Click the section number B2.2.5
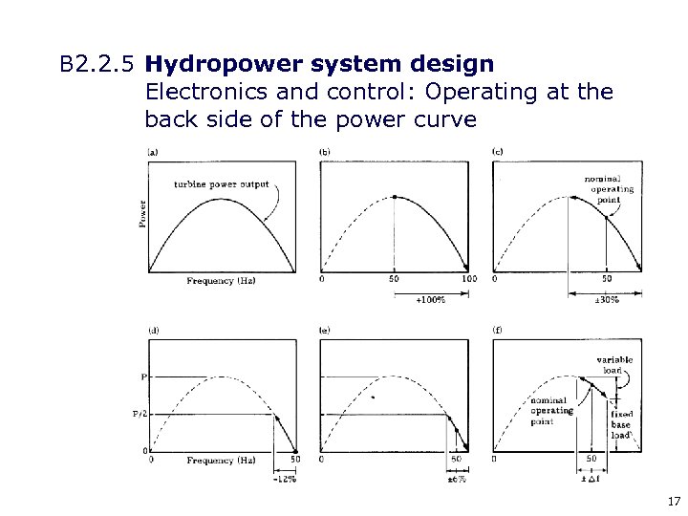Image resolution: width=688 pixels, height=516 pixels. click(98, 66)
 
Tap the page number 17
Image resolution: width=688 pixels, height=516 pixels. click(673, 500)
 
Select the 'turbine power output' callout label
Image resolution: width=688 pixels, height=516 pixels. click(222, 183)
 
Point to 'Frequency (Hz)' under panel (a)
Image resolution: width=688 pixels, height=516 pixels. click(221, 281)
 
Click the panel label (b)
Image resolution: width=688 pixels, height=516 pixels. click(325, 152)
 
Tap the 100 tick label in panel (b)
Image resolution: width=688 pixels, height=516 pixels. click(468, 280)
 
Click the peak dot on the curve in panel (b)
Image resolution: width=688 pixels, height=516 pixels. click(395, 197)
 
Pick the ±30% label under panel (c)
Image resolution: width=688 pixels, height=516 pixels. click(607, 300)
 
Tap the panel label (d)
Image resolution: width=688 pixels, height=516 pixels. click(153, 331)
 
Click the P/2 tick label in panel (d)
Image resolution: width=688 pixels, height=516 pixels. click(139, 414)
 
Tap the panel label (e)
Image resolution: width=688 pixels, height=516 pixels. click(325, 331)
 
